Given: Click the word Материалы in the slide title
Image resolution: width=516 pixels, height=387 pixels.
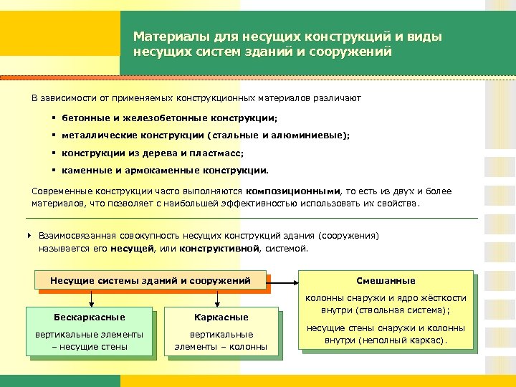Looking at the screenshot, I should click(163, 36).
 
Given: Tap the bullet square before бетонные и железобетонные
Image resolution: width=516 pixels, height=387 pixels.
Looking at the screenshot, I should click(54, 117).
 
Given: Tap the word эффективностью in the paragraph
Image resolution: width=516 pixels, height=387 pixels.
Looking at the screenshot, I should click(256, 203).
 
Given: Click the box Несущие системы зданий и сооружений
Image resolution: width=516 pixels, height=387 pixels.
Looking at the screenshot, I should click(150, 280).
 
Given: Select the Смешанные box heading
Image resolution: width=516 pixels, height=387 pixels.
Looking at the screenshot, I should click(386, 280).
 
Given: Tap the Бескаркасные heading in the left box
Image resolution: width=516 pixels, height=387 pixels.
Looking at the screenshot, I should click(90, 317).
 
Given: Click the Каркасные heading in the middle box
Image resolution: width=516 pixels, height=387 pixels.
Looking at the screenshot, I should click(221, 317).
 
